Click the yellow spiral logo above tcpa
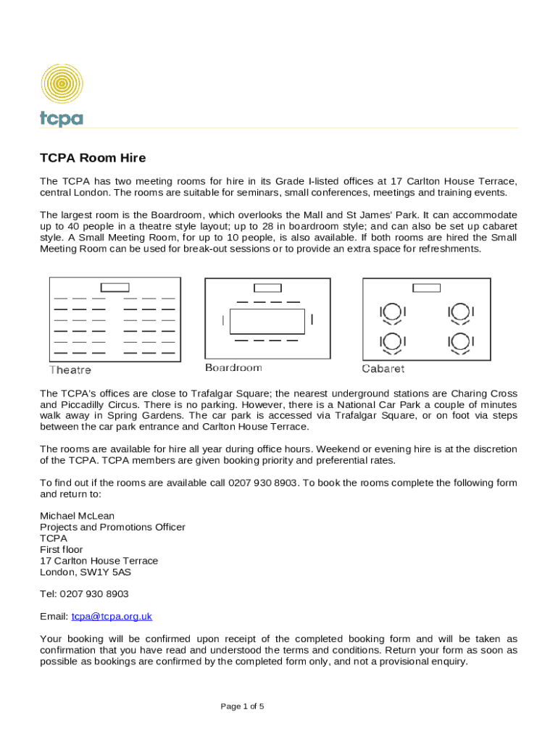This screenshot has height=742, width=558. click(x=62, y=84)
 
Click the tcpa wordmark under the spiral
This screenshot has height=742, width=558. click(x=62, y=118)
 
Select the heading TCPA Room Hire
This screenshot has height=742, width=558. click(x=93, y=158)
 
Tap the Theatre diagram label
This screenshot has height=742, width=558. click(x=70, y=370)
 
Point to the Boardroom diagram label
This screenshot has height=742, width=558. click(x=233, y=368)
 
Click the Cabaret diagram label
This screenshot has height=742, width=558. click(x=383, y=369)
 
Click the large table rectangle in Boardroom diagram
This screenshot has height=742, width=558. click(x=267, y=321)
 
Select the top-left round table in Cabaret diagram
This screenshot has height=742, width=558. click(x=392, y=312)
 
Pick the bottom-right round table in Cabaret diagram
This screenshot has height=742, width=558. click(x=460, y=341)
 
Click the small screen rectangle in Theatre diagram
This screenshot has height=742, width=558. click(x=114, y=288)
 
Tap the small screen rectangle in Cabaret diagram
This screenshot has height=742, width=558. click(x=426, y=288)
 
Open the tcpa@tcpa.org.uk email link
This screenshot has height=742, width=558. click(x=112, y=617)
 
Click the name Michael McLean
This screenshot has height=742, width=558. click(x=77, y=516)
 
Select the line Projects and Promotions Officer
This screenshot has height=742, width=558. click(x=112, y=528)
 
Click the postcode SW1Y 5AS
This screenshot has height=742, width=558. click(x=109, y=572)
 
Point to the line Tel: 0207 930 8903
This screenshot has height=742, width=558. click(x=84, y=594)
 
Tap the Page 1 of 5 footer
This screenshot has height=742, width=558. click(x=242, y=706)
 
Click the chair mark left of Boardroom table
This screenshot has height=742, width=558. click(x=223, y=320)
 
